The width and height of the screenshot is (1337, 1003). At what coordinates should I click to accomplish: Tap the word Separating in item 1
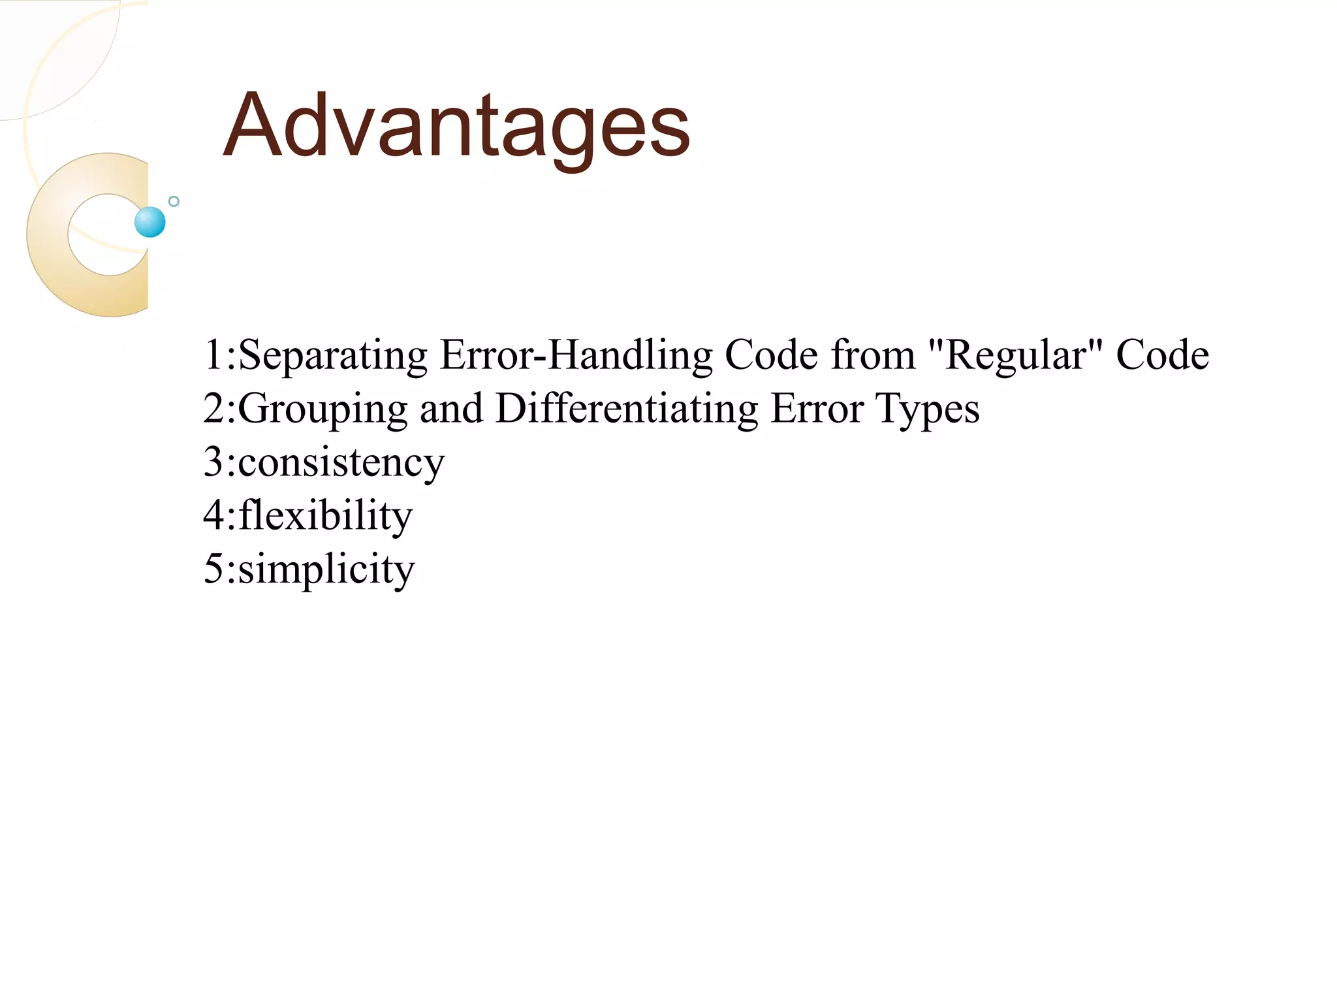coord(333,356)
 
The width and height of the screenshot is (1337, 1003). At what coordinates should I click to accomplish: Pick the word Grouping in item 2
coord(322,410)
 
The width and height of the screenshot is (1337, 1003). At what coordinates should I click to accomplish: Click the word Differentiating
coord(627,409)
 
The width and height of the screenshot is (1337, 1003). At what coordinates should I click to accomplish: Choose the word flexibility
coord(325,516)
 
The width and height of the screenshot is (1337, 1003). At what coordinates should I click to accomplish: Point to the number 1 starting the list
coord(213,356)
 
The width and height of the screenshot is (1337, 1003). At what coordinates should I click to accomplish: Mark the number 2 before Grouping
coord(214,409)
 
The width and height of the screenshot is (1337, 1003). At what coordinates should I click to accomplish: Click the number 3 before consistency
coord(214,462)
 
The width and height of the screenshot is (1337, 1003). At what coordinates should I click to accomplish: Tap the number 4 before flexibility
coord(214,516)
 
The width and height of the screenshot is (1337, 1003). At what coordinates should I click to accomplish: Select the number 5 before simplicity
coord(214,569)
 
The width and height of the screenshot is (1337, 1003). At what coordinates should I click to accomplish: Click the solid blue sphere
coord(150,222)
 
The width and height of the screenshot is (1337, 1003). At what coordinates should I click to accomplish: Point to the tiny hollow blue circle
coord(174,201)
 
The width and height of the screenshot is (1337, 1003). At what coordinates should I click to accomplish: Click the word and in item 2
coord(451,409)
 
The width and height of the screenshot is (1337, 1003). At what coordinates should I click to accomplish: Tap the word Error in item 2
coord(817,409)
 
